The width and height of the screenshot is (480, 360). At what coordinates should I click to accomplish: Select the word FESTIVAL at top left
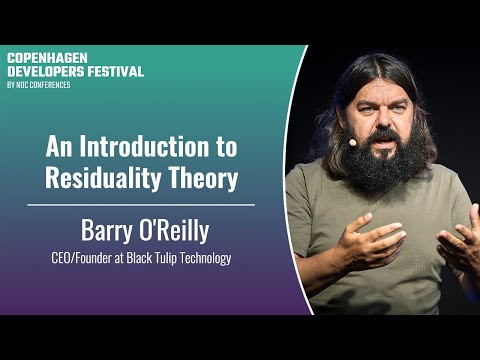tap(116, 71)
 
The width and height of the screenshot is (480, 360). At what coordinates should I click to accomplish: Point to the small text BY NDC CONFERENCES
tap(40, 84)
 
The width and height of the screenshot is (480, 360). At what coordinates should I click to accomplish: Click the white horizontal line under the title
tap(140, 204)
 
